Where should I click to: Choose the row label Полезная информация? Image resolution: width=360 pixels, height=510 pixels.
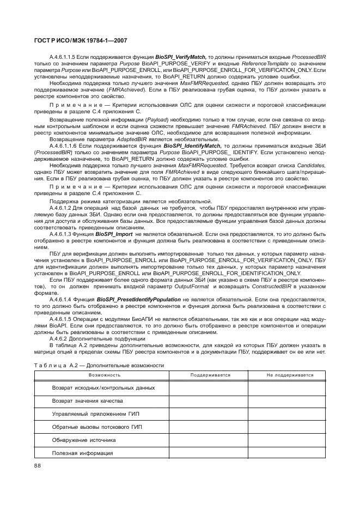pyautogui.click(x=82, y=453)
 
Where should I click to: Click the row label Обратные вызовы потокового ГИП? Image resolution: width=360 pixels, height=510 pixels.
pyautogui.click(x=93, y=427)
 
